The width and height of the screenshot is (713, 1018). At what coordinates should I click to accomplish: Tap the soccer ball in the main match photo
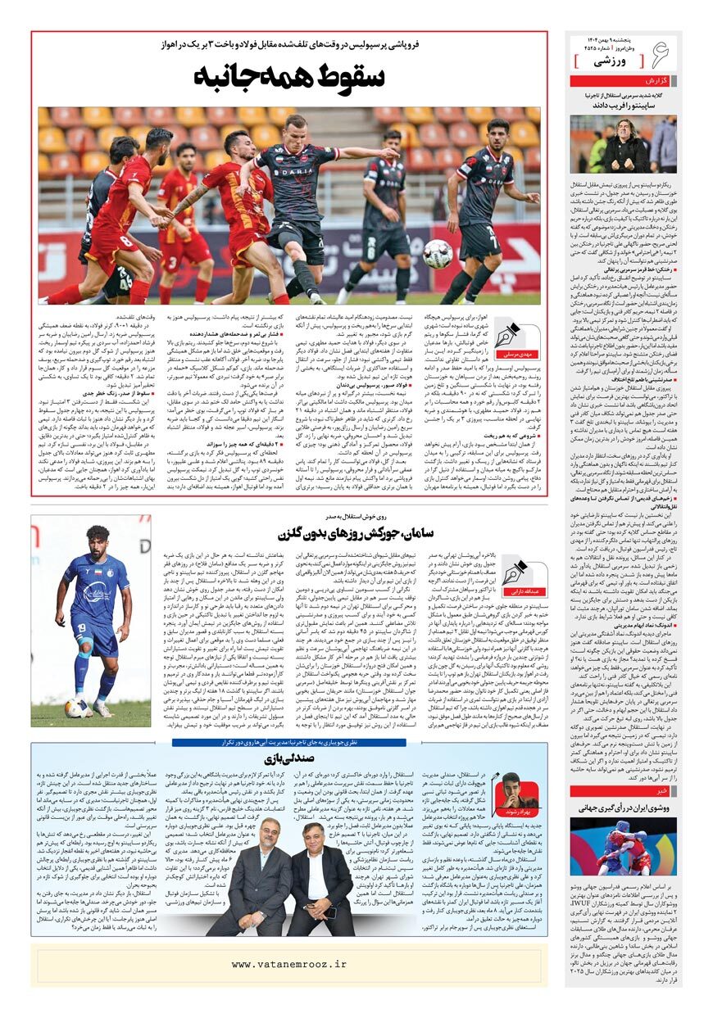point(438,254)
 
